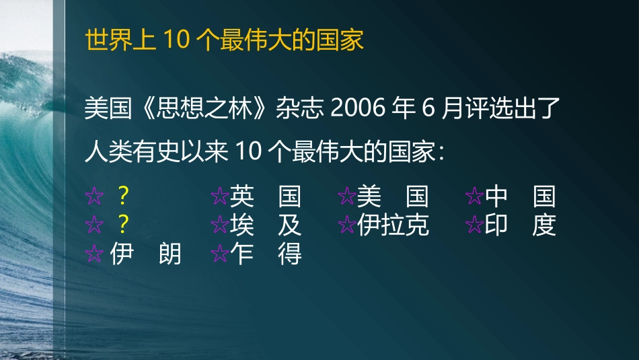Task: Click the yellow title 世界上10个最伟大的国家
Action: pos(225,40)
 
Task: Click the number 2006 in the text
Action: pos(357,108)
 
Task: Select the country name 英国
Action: pos(265,196)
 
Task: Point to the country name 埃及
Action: pos(265,225)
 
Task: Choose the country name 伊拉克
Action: pos(393,225)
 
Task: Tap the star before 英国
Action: pos(219,197)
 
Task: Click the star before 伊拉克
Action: pos(346,225)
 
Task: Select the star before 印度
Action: pos(474,225)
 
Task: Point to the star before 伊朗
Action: pos(94,254)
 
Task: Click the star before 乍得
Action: pos(219,254)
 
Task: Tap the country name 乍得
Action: pos(265,254)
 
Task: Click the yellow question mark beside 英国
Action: pos(122,196)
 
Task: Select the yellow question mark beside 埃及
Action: pos(122,225)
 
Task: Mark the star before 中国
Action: pos(474,197)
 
